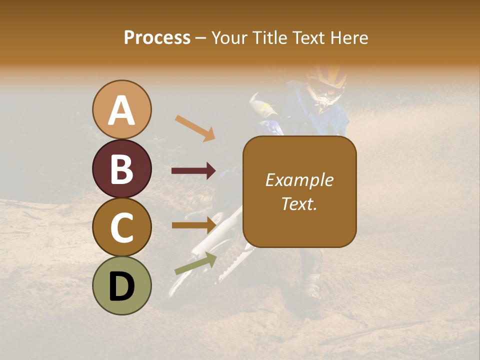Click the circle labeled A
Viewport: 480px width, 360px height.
122,109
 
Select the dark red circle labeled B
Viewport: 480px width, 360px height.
122,168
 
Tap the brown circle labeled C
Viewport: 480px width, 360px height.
122,227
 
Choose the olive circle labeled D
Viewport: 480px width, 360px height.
122,285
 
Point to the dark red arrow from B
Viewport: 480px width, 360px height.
193,171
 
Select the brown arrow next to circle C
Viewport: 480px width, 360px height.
193,225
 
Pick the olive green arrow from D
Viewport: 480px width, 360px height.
195,263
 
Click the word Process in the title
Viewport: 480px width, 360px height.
157,37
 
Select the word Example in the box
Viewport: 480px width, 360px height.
299,180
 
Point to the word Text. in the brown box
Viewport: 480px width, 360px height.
299,203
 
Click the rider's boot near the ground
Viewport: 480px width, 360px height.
312,290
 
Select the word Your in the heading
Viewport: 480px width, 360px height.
230,37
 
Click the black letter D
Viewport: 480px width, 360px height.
122,286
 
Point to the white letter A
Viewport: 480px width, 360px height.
122,110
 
